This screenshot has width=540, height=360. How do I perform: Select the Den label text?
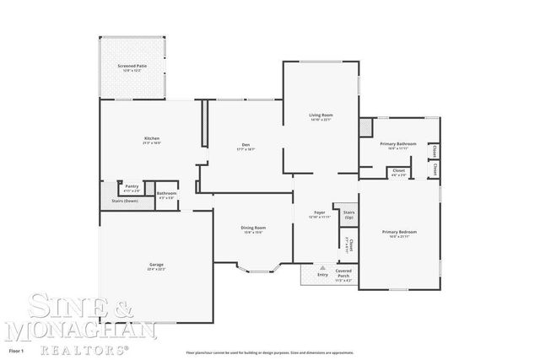coord(246,146)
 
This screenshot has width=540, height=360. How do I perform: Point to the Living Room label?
coord(320,116)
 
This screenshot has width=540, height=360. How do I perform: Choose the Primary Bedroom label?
coord(399,233)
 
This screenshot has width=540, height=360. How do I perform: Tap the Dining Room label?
coord(254,228)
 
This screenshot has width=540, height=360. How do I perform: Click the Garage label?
coord(156,266)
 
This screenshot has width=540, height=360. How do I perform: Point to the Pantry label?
coord(132,186)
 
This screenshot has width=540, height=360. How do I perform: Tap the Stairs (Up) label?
coord(348,215)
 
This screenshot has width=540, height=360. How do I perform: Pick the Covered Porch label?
coord(343,275)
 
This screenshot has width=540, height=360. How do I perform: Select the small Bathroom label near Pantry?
coord(166,195)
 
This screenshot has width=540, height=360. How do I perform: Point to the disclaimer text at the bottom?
coord(278,352)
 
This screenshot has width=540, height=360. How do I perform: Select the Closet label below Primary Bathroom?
coord(398,172)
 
